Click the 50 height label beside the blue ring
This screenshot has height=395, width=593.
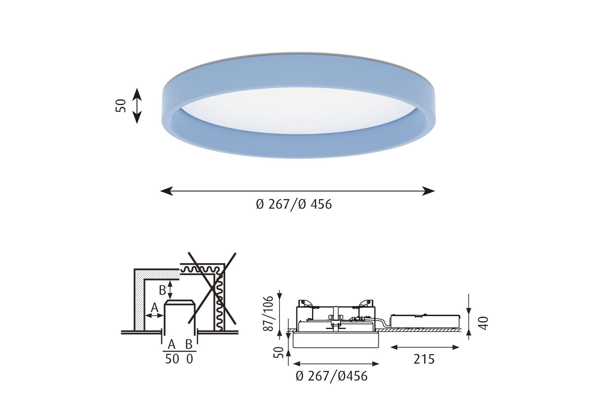point(121,106)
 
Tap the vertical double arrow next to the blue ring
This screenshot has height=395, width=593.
point(136,106)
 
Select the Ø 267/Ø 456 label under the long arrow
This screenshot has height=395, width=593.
point(294,204)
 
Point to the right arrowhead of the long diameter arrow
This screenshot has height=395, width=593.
point(428,191)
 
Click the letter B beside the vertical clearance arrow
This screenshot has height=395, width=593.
point(162,290)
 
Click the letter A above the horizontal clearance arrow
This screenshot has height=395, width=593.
point(154,308)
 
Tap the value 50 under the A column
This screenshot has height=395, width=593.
point(172,359)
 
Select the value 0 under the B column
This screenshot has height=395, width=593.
point(190,359)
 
